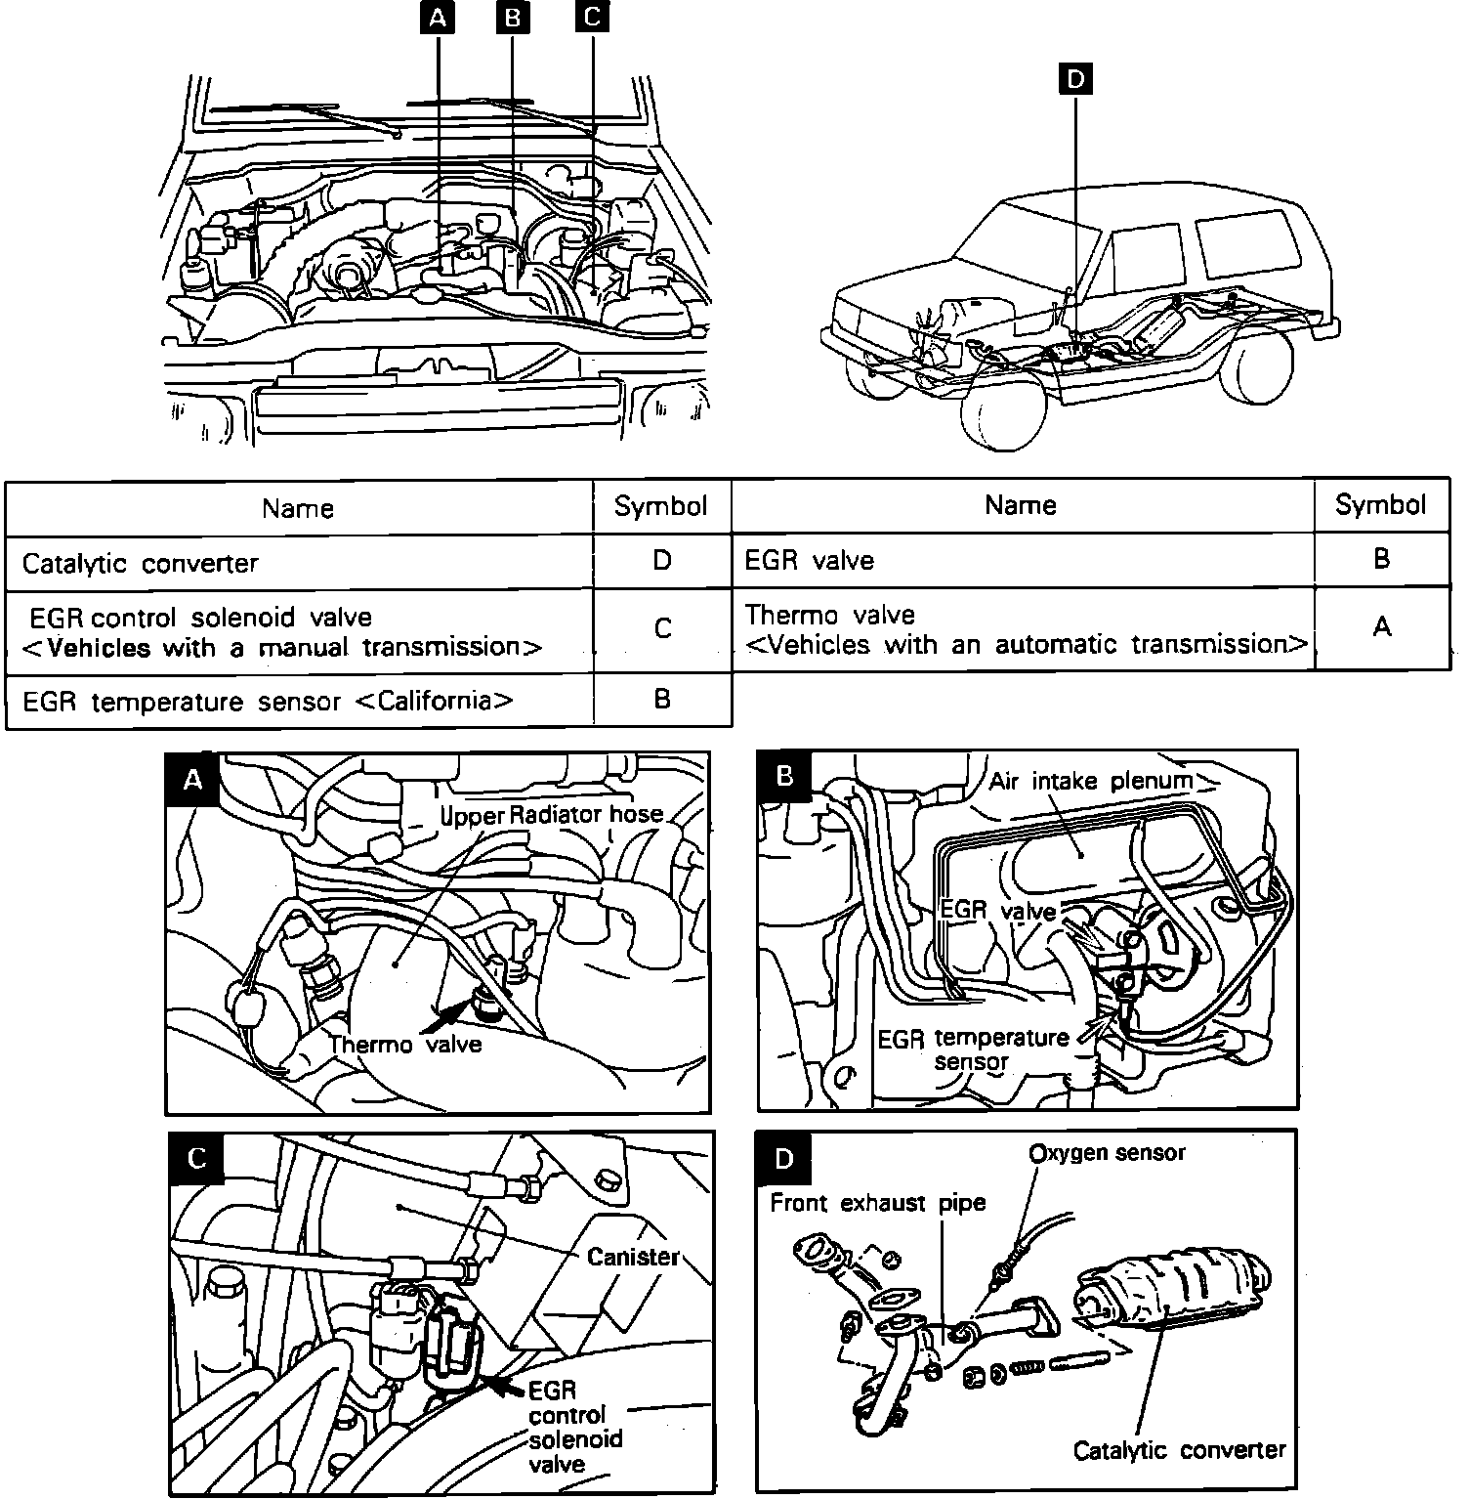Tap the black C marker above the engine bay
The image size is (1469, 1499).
592,18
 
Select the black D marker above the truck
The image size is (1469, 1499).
1075,79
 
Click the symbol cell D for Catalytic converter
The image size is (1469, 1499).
661,560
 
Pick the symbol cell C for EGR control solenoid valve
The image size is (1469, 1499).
661,628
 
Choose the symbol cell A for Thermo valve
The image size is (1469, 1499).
1381,626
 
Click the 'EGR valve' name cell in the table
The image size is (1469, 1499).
810,560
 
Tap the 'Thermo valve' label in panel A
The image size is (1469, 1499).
405,1044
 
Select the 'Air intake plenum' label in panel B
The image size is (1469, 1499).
1091,780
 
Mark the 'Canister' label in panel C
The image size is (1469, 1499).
632,1256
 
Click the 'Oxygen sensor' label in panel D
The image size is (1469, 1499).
1107,1153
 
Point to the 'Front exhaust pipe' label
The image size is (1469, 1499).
878,1202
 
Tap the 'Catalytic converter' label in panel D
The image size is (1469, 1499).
1179,1450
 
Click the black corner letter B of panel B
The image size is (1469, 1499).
784,776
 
